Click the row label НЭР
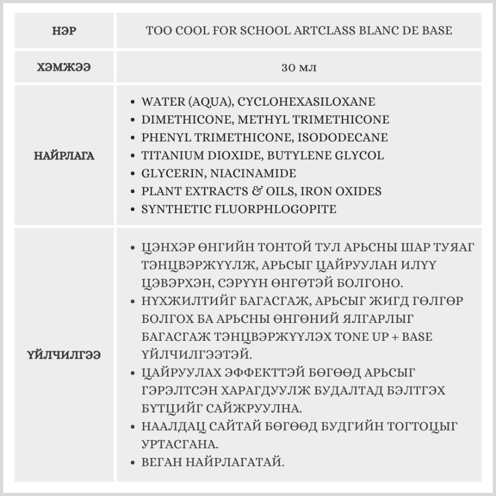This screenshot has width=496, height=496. [x=64, y=31]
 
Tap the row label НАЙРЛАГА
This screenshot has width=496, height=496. [x=64, y=156]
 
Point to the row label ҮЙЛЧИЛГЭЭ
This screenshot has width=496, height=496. [x=64, y=355]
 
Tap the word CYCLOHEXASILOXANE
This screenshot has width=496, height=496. [x=306, y=102]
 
